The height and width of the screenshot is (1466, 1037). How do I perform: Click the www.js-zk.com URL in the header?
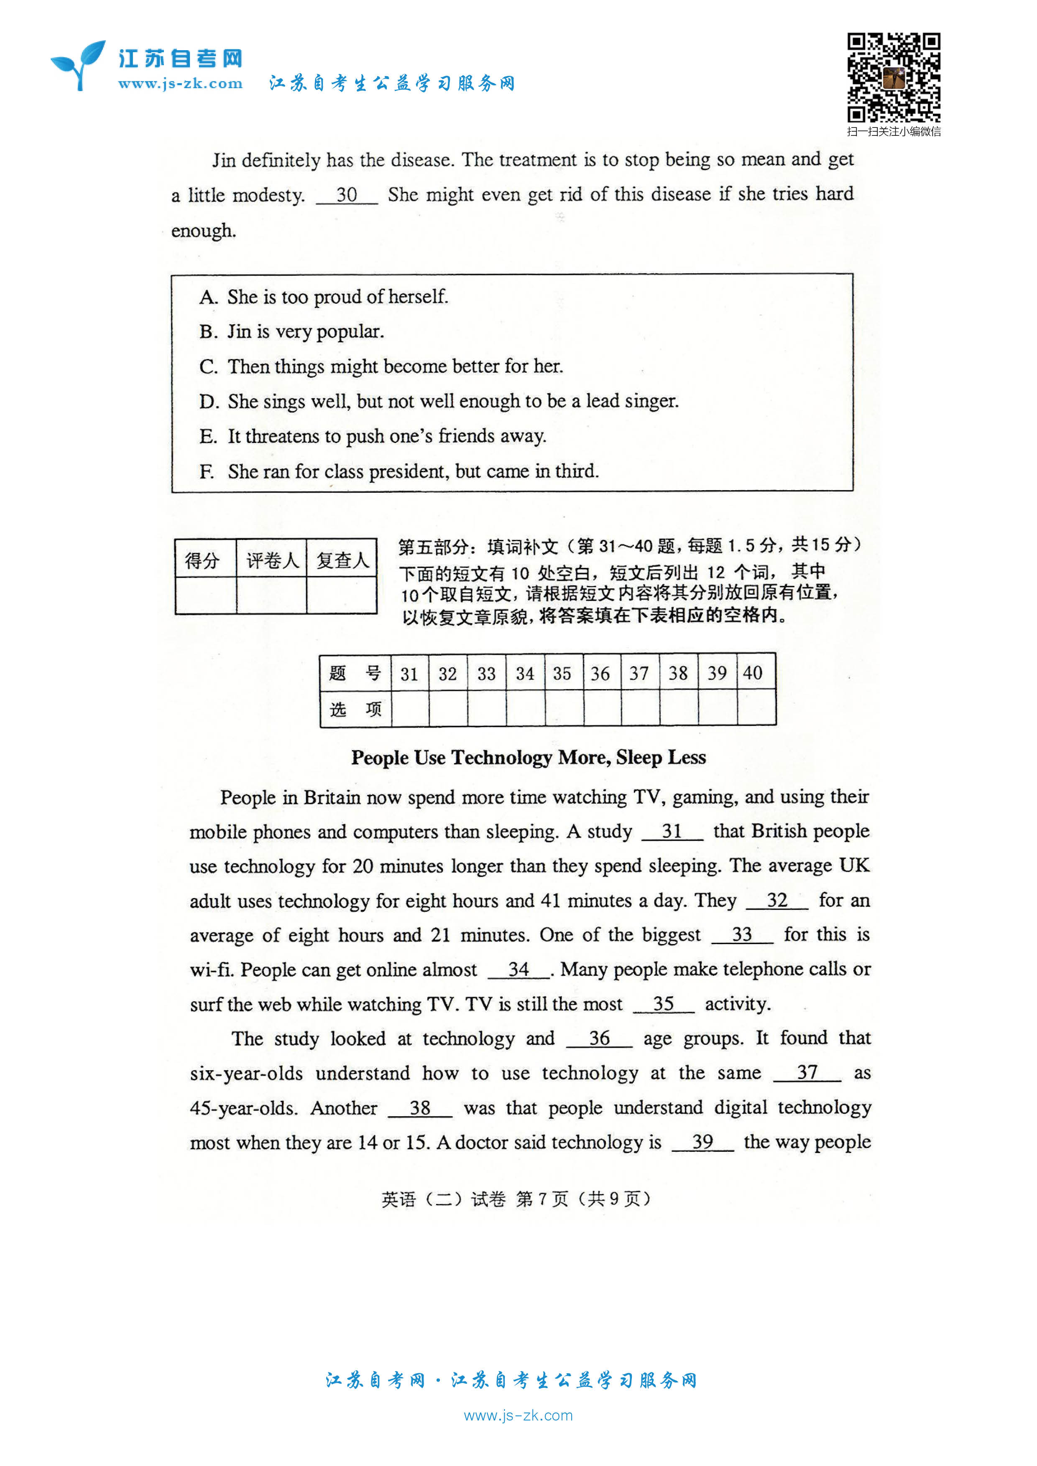point(180,84)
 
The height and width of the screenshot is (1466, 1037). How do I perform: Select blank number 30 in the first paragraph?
point(347,195)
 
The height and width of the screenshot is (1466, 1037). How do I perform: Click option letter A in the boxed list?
point(208,297)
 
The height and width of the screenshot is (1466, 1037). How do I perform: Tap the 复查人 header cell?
point(342,560)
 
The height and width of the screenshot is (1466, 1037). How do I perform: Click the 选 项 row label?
point(355,709)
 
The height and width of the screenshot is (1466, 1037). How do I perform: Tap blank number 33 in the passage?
point(742,935)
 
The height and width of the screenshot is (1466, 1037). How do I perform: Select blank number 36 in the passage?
point(599,1038)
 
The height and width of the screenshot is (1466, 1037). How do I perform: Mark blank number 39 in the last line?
point(702,1142)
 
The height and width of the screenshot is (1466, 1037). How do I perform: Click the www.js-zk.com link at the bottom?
point(518,1415)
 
